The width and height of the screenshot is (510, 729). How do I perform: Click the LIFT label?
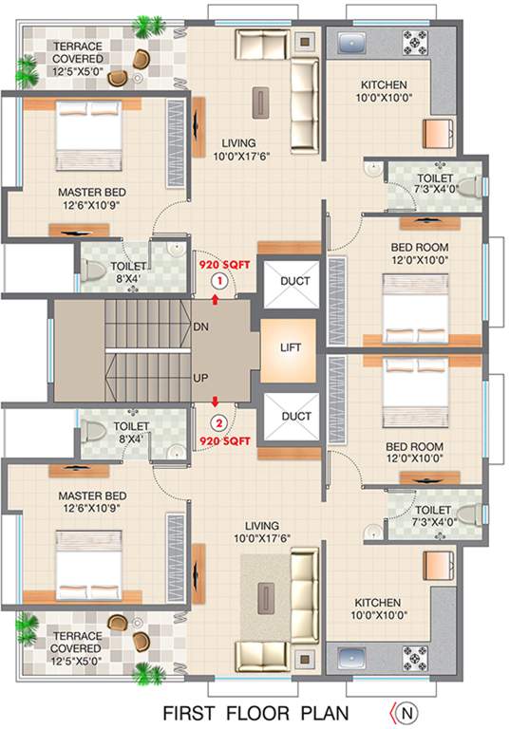291,347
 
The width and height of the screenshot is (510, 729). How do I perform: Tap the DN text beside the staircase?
200,326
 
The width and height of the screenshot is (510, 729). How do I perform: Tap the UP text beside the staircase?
200,377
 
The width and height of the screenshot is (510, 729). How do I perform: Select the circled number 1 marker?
219,281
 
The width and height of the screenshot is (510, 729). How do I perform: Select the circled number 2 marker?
219,422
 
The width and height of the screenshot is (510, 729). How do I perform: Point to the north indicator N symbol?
406,710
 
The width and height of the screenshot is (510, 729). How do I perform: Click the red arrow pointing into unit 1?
219,299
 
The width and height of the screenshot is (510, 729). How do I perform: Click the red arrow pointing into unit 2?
219,402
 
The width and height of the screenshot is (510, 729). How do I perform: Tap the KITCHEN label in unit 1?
381,84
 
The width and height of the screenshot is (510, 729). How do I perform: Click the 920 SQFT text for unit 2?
224,441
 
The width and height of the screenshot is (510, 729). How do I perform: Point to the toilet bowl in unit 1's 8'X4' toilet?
92,271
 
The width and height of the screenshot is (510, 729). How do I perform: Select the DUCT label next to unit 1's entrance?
296,281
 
